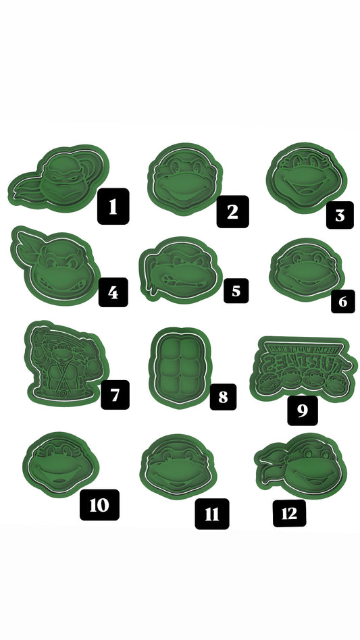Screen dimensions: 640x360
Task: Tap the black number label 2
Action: pos(232,211)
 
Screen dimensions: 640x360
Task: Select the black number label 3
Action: pos(339,215)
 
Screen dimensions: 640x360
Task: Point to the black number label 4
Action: pos(113,292)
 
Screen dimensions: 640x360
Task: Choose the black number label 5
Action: pos(235,291)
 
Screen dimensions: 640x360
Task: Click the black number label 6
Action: pos(342,301)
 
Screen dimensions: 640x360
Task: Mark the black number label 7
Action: pos(115,394)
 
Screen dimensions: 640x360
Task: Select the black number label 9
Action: pos(302,410)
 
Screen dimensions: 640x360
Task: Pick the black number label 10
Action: pos(99,504)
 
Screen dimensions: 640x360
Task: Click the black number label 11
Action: pos(212,514)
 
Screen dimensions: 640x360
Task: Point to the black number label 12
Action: pos(289,513)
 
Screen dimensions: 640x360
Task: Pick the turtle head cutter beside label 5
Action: pos(179,269)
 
